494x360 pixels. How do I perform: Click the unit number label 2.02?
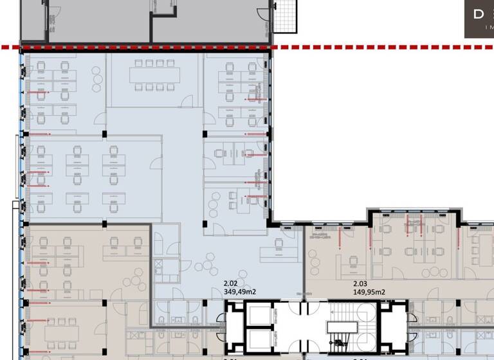click(x=231, y=283)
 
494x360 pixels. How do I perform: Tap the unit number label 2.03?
click(x=361, y=283)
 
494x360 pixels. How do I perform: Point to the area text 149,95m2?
click(x=369, y=292)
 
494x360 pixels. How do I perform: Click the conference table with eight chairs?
click(x=154, y=75)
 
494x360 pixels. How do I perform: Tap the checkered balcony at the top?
click(x=284, y=16)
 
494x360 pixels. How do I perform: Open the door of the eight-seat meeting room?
click(x=186, y=102)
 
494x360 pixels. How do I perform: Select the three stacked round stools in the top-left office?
click(x=96, y=80)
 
